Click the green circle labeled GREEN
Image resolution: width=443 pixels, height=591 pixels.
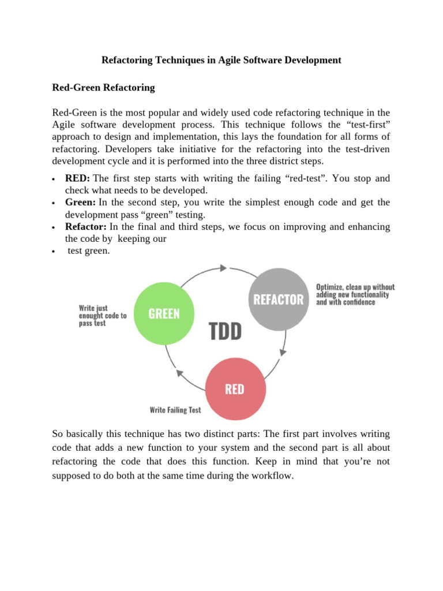(164, 313)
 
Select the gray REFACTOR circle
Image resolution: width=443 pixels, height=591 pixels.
(279, 299)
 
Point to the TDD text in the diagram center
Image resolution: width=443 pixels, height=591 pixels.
(224, 331)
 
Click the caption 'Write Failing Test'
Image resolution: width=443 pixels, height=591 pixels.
(175, 410)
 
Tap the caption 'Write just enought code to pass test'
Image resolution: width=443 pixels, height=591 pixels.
(103, 316)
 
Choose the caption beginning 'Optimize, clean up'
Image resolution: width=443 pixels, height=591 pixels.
(355, 294)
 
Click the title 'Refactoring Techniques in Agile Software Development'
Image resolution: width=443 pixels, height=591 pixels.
(221, 60)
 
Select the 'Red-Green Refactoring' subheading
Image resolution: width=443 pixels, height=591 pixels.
(103, 88)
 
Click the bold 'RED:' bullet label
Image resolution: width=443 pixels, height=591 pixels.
(77, 178)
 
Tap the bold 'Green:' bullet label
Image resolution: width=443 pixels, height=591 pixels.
(81, 203)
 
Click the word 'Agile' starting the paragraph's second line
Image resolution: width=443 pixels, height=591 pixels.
(64, 124)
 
